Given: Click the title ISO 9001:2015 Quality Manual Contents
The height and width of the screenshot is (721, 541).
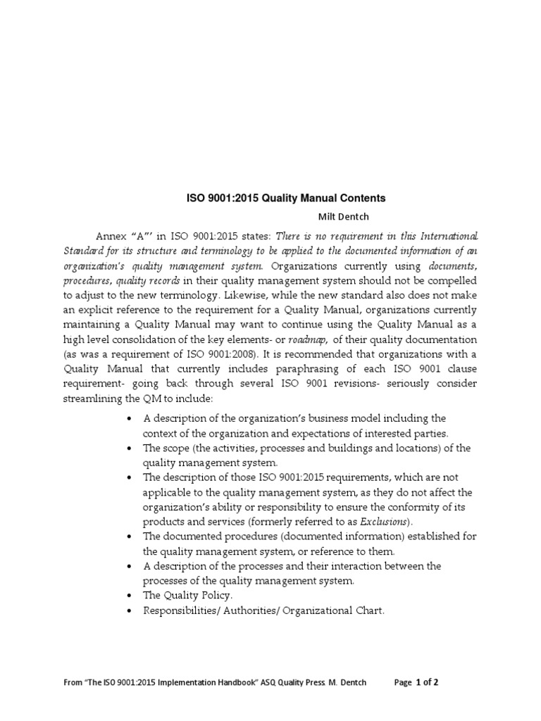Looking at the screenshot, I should pos(285,199).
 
